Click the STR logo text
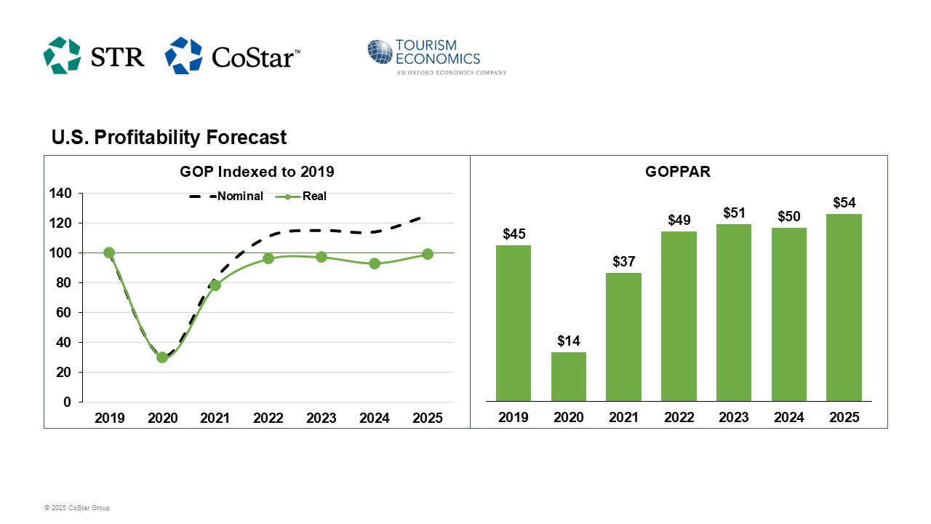(x=118, y=56)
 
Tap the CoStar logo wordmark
(x=255, y=57)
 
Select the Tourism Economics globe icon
(x=380, y=52)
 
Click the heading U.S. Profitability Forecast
(x=169, y=137)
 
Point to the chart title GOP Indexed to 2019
(x=257, y=172)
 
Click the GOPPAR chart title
(x=678, y=172)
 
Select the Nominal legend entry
(x=226, y=196)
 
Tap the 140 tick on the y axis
(x=60, y=194)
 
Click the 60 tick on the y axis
(x=63, y=313)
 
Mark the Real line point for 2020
(x=162, y=357)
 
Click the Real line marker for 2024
(x=374, y=263)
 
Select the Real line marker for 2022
(x=268, y=258)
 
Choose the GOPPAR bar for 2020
(x=569, y=376)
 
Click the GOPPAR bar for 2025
(x=844, y=307)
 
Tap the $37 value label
(x=623, y=262)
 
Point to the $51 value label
(x=734, y=213)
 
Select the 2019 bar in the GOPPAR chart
(x=514, y=323)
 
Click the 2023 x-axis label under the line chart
(x=321, y=418)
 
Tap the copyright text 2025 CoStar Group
(x=77, y=508)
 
